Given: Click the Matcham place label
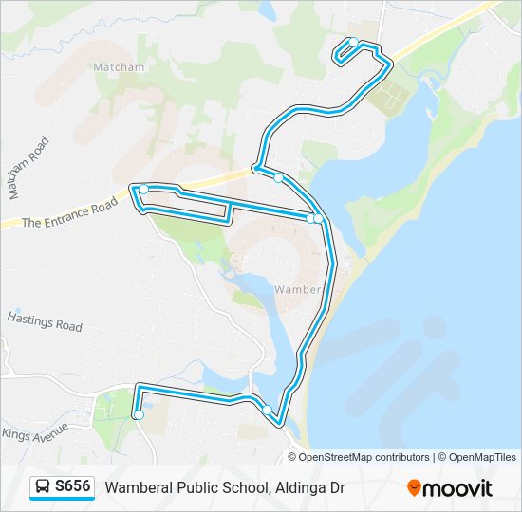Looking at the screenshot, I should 119,67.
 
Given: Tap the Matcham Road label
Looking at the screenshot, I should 28,168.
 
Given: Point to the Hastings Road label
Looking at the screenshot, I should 45,320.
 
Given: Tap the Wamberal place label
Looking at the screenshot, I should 299,289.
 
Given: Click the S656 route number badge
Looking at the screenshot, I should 73,486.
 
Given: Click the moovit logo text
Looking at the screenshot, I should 458,487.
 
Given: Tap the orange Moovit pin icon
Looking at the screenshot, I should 414,487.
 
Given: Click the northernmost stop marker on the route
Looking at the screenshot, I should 353,42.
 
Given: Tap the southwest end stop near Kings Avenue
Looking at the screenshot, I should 139,414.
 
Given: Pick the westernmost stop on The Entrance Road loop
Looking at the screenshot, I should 143,190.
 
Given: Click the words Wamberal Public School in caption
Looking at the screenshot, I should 187,487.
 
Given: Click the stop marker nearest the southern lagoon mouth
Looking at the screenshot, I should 268,410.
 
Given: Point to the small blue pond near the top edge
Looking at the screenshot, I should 265,11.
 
